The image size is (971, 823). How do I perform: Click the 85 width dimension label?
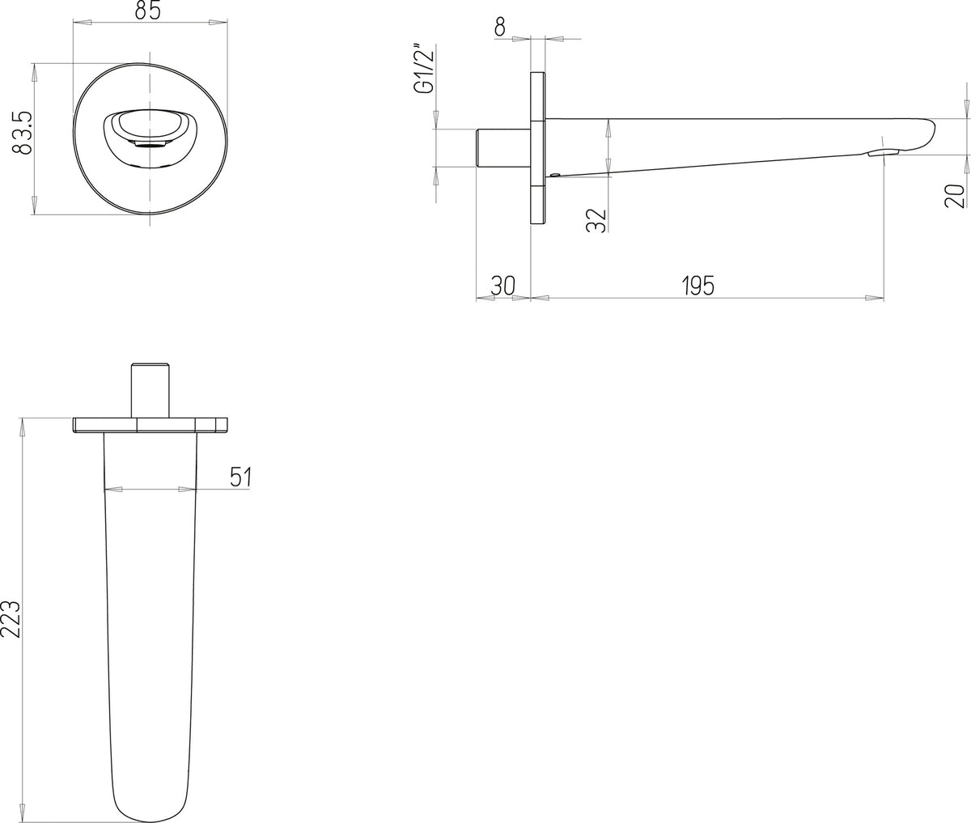pos(148,11)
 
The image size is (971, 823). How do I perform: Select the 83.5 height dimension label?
pos(23,133)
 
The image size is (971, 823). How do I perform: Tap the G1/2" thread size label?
pos(423,70)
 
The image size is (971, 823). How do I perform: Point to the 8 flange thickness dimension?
pos(500,28)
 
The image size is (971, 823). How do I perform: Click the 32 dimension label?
pos(596,220)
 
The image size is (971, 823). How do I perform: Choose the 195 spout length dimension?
pos(698,286)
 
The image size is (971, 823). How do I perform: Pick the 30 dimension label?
pos(503,286)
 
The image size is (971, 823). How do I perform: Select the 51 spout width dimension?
pos(240,477)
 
